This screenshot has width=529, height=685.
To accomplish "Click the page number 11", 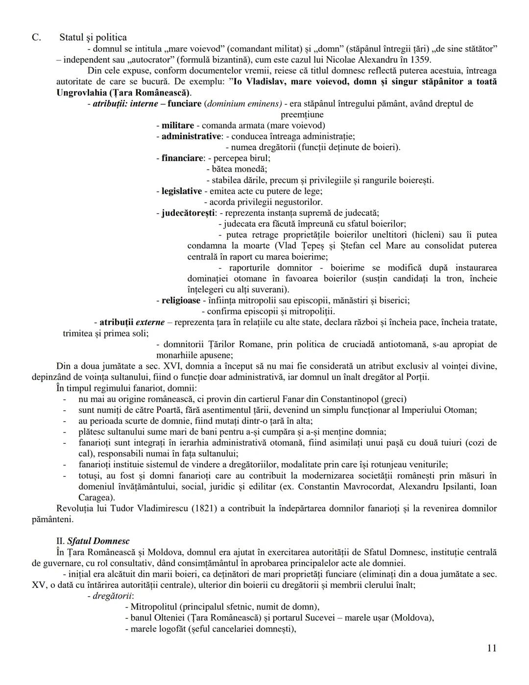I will tap(492, 648).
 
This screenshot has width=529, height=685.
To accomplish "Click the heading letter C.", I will tap(36, 38).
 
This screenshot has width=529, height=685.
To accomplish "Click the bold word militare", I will tap(178, 126).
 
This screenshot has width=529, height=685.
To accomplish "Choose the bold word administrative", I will tap(191, 136).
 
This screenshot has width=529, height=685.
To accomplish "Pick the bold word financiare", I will tap(182, 158).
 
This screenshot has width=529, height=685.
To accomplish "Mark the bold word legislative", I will tap(181, 191).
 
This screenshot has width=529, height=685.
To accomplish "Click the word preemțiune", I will tap(302, 115).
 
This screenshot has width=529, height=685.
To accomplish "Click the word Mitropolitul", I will tap(156, 607).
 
